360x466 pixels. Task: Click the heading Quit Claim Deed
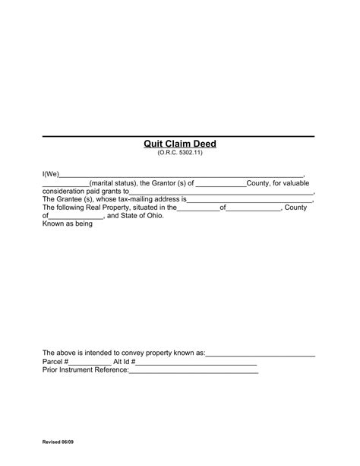180,144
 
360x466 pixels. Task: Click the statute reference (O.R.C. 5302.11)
180,154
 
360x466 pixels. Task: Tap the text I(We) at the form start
50,174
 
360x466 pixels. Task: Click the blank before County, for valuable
220,185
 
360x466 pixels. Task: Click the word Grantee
70,199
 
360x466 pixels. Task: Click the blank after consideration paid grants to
221,193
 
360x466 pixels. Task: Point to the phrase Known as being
67,224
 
